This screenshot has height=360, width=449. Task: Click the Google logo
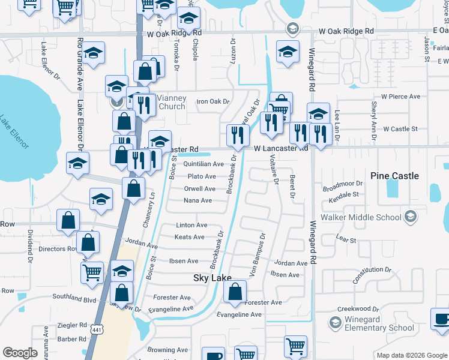[20, 353]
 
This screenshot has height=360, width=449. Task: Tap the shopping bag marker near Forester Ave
[235, 292]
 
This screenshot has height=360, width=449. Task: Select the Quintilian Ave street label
[203, 164]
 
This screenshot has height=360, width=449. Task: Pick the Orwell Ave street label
[199, 188]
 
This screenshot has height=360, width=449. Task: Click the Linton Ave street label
[191, 225]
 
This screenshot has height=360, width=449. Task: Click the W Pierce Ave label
[400, 97]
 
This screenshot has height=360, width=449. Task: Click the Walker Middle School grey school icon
[411, 216]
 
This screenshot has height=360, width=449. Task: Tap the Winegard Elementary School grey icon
[336, 323]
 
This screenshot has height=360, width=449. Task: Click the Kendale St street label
[340, 194]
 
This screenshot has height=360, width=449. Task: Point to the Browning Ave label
[167, 350]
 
